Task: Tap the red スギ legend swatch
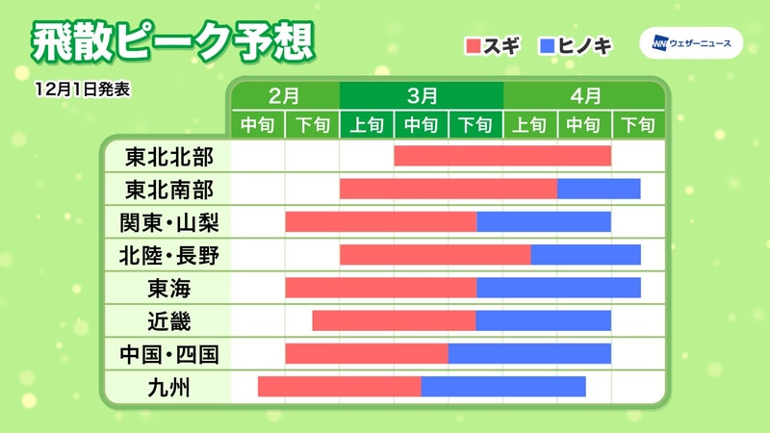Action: pos(474,44)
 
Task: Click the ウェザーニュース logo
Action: pos(690,44)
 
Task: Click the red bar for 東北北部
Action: pos(502,156)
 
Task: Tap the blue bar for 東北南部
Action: pos(599,189)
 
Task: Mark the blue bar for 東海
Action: pos(558,288)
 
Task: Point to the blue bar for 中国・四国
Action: pos(529,353)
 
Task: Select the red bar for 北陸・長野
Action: pos(435,255)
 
